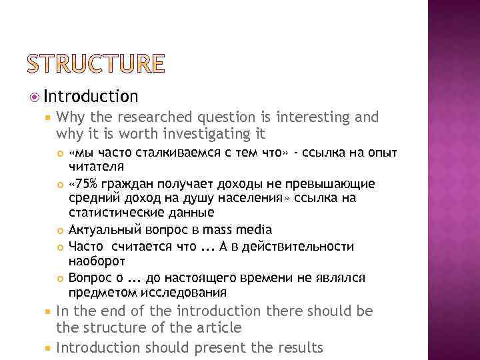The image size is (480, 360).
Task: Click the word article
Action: tap(219, 327)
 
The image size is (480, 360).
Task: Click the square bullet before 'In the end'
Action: tap(47, 312)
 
